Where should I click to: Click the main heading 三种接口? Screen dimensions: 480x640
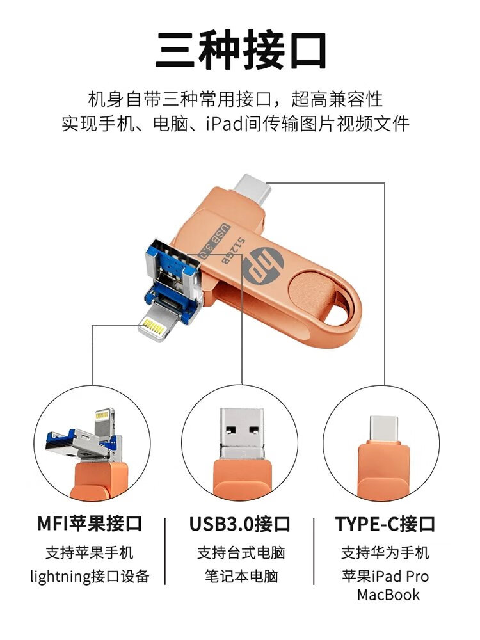pyautogui.click(x=241, y=51)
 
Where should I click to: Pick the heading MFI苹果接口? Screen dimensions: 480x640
pyautogui.click(x=90, y=524)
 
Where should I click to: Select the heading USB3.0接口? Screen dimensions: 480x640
pyautogui.click(x=239, y=524)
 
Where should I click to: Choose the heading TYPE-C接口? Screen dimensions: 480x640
pyautogui.click(x=385, y=524)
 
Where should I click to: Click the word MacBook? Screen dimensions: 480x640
pyautogui.click(x=388, y=595)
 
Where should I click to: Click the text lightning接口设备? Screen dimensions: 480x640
pyautogui.click(x=90, y=577)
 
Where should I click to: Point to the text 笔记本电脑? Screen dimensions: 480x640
pyautogui.click(x=241, y=577)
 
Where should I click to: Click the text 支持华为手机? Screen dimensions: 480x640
pyautogui.click(x=385, y=553)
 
